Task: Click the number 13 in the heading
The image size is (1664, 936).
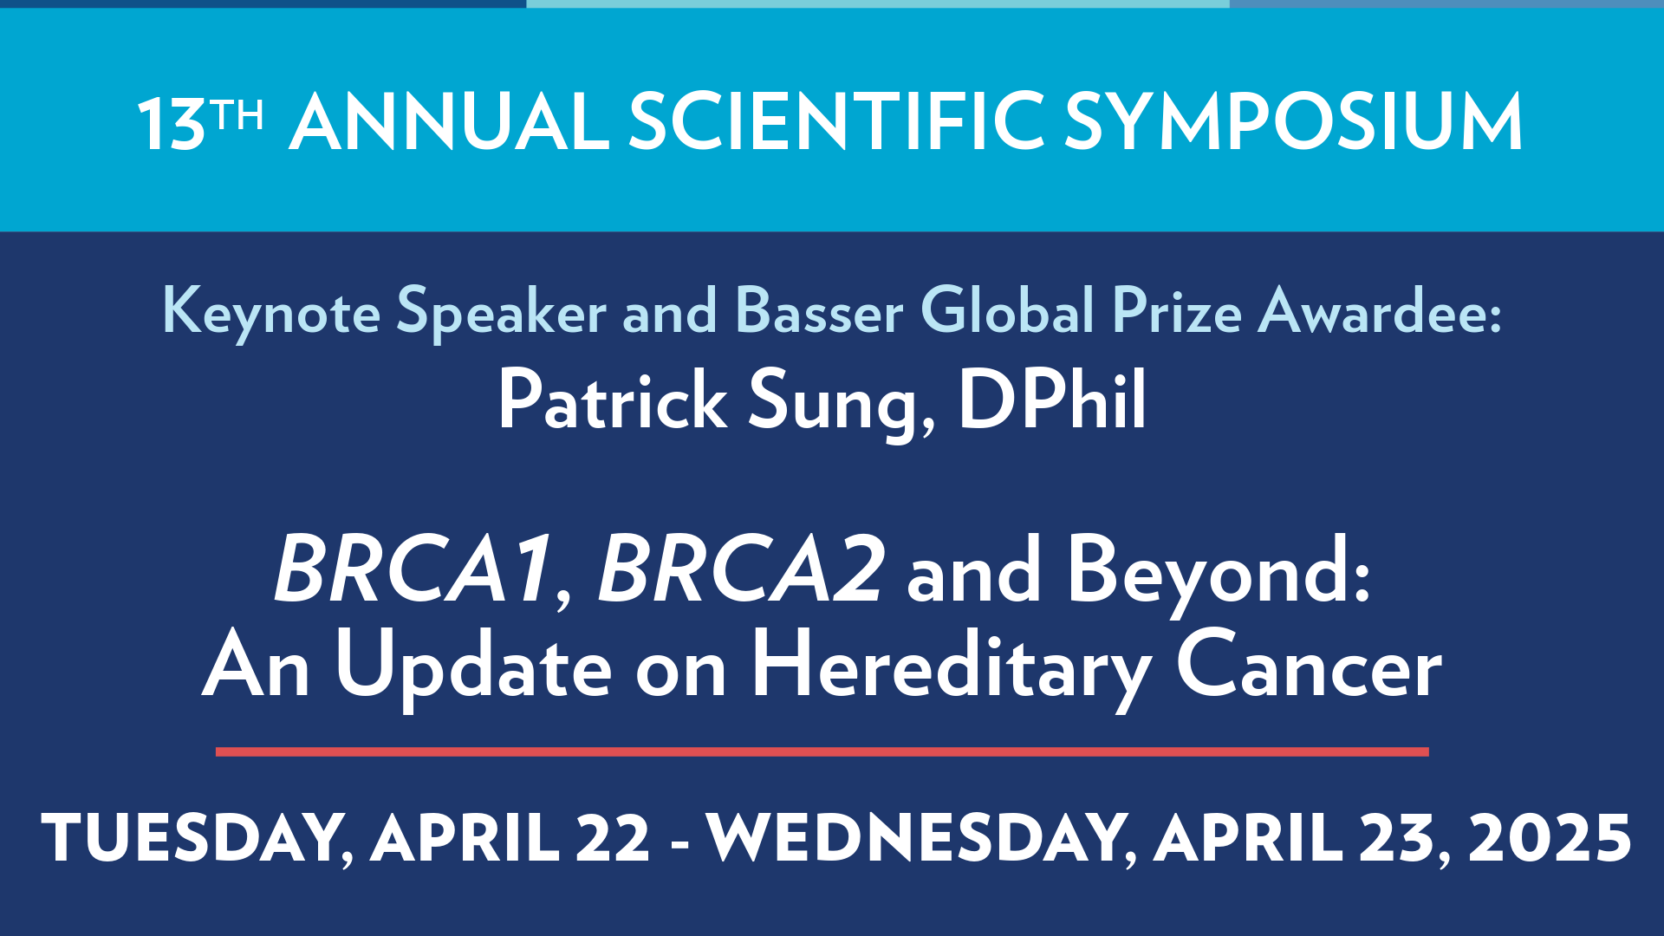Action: pos(171,124)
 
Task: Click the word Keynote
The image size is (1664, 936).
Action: pos(271,312)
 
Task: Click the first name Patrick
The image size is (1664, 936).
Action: pos(612,400)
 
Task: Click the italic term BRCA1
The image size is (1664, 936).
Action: pos(414,569)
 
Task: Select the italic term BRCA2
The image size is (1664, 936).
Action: pos(742,569)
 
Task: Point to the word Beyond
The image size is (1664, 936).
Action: pos(1218,572)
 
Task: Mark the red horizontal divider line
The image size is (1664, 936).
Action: pos(822,751)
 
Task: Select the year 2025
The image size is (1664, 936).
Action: pos(1550,838)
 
